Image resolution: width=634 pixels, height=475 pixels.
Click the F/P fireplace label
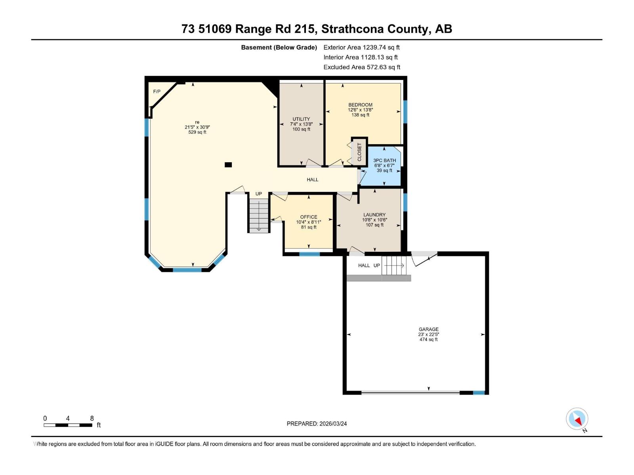click(x=157, y=92)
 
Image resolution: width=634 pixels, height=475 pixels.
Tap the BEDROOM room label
click(x=360, y=105)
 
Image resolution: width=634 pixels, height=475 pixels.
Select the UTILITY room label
click(x=301, y=119)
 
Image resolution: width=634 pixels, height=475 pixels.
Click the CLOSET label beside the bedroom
click(x=359, y=152)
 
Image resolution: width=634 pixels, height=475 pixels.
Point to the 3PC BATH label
click(x=384, y=160)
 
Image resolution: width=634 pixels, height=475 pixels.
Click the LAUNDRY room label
click(x=374, y=215)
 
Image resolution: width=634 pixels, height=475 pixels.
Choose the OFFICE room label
click(x=309, y=217)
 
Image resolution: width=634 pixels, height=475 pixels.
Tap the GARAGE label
click(x=429, y=329)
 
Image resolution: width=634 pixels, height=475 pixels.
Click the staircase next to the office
click(x=259, y=216)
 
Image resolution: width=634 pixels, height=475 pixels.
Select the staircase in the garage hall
click(x=394, y=265)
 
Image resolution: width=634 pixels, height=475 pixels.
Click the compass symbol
click(x=577, y=419)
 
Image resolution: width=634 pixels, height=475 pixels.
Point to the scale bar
click(x=68, y=425)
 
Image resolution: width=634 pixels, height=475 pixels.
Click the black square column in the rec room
click(x=228, y=165)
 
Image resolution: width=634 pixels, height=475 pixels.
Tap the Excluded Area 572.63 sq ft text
click(x=362, y=67)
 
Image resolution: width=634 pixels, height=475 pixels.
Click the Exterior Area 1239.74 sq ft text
click(x=361, y=47)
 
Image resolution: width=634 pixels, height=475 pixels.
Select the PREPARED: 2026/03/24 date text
click(x=317, y=424)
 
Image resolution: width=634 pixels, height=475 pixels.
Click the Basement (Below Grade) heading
click(x=279, y=47)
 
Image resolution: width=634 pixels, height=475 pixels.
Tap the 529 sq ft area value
click(x=197, y=132)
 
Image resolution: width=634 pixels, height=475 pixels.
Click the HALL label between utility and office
click(x=313, y=180)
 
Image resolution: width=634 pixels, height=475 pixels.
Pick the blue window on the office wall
click(x=309, y=254)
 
